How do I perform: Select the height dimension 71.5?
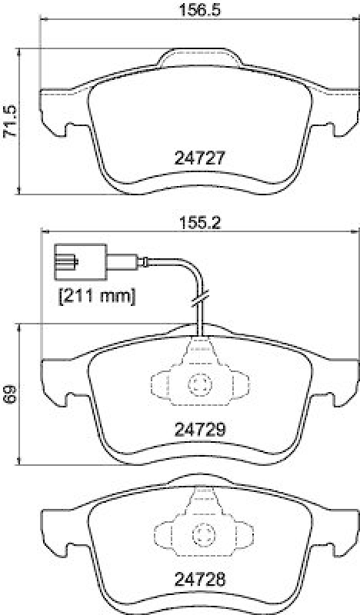(9, 119)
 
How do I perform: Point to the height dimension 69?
(9, 394)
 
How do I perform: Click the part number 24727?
(199, 159)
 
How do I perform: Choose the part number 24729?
(199, 430)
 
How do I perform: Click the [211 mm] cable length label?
(96, 294)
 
